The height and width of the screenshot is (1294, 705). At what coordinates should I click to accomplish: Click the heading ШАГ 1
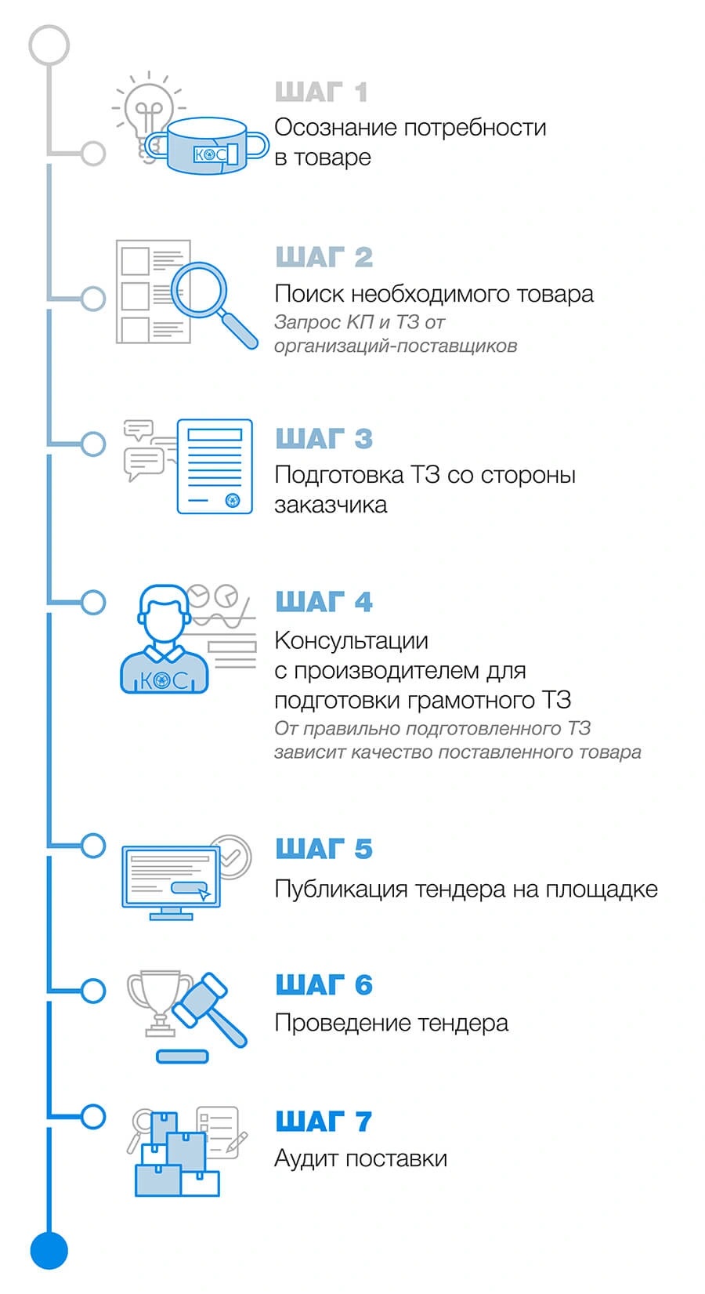tap(321, 92)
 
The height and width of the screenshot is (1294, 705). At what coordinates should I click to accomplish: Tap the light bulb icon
tap(148, 115)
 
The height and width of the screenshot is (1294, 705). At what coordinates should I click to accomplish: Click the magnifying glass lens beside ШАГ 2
tap(199, 289)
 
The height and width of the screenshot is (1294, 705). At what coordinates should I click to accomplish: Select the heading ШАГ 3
tap(324, 438)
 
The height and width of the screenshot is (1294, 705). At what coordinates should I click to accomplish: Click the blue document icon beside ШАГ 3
tap(215, 466)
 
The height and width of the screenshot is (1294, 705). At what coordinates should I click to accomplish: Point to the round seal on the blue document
tap(233, 500)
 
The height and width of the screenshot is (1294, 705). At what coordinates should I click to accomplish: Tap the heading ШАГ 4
tap(324, 601)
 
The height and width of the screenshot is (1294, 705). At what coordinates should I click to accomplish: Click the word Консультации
tap(351, 640)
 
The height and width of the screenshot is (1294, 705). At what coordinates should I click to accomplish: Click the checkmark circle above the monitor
tap(232, 857)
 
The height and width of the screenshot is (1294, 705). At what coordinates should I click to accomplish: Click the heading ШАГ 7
tap(324, 1122)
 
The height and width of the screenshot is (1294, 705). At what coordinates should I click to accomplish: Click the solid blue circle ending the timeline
tap(49, 1251)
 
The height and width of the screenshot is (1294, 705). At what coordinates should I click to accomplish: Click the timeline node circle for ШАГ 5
tap(92, 845)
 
